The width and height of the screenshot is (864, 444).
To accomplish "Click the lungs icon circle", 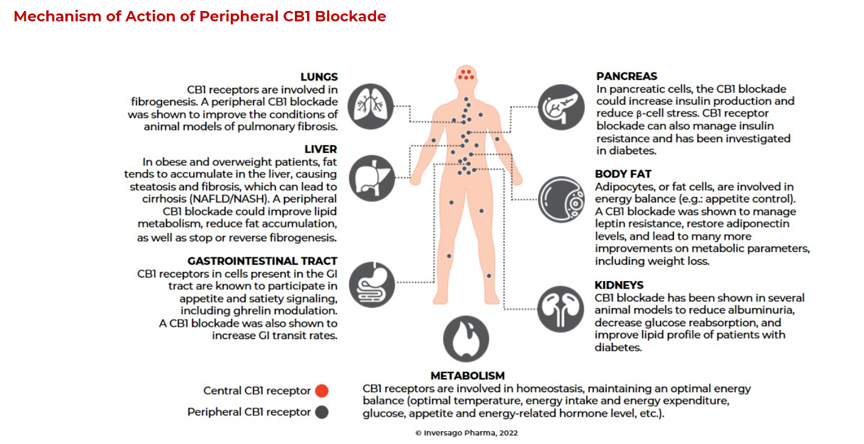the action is [x=370, y=107].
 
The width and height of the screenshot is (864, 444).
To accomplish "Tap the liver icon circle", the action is [x=372, y=178].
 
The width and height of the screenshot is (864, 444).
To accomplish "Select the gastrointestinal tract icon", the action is [x=372, y=285].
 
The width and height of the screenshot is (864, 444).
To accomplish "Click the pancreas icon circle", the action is [x=561, y=107].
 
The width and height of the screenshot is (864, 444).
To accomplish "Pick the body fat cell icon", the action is [x=561, y=199].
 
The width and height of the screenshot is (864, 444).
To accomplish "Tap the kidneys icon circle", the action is [x=561, y=309].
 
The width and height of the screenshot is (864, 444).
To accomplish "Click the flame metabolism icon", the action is [x=466, y=339].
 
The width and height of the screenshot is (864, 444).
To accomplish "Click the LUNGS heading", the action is [x=319, y=77].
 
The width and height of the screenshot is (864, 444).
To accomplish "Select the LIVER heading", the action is [x=320, y=149].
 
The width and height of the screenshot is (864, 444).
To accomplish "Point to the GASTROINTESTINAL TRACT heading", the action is [x=262, y=261].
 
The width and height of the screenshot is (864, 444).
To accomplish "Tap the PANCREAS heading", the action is [x=627, y=76].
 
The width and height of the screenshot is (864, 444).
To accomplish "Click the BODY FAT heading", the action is [x=623, y=174].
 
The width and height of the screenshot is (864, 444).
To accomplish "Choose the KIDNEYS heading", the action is [x=619, y=285].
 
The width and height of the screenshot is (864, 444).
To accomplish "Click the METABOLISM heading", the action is [x=467, y=376].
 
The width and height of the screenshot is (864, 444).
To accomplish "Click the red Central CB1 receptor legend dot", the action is [x=322, y=391].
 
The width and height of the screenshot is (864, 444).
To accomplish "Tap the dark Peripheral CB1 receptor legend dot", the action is [x=322, y=412].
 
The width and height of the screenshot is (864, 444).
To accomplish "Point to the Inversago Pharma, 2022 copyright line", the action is [x=466, y=433].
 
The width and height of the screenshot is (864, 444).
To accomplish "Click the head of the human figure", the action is [x=466, y=76].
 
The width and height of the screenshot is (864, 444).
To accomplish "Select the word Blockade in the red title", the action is [x=350, y=16].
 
